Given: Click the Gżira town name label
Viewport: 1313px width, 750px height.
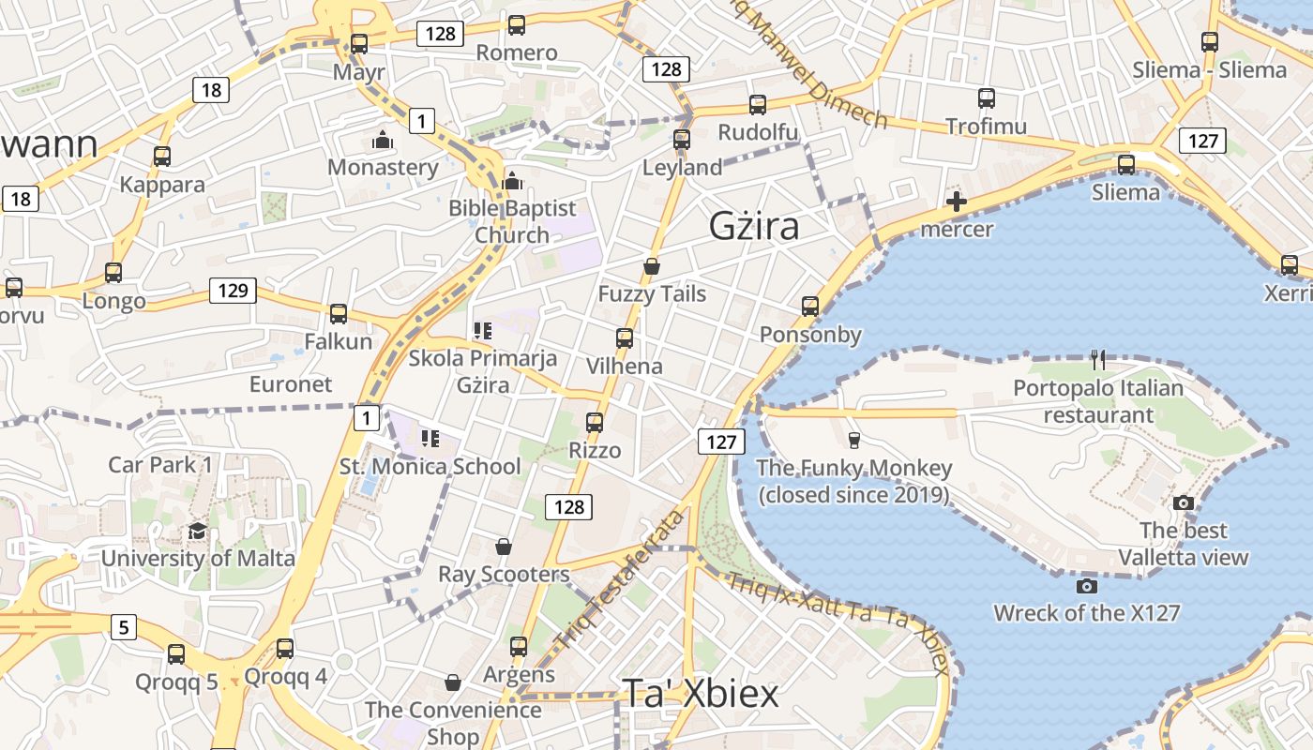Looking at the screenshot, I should (x=754, y=226).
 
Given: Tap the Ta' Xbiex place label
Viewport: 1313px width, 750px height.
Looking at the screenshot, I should (x=701, y=694).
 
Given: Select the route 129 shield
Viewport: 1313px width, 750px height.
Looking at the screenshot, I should (x=233, y=290).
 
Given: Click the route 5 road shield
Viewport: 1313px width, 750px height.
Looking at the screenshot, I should (x=124, y=626).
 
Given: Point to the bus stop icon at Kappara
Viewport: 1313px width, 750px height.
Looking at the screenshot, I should (x=162, y=157).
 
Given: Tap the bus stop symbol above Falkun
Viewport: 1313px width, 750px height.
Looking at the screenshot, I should (x=339, y=314).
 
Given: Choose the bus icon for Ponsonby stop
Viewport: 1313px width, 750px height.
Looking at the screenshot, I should (x=810, y=307).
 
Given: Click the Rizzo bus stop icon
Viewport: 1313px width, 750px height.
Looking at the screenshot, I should (x=595, y=423).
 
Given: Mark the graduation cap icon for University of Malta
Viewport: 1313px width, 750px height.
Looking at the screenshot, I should (x=197, y=532).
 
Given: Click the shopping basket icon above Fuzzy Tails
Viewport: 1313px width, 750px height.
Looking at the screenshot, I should (x=652, y=267).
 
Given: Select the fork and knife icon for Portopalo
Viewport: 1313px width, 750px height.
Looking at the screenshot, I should (x=1098, y=359).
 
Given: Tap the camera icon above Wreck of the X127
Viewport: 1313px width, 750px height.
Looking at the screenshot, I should (x=1087, y=586).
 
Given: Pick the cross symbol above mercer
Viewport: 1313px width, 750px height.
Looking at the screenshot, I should (x=957, y=202).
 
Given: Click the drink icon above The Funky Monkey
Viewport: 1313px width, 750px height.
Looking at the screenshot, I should (x=853, y=440).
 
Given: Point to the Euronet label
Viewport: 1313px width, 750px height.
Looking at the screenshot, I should (x=291, y=384).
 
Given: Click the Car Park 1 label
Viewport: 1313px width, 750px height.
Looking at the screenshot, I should (x=160, y=464).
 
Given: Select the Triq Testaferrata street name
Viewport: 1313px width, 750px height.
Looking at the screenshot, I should (x=621, y=580).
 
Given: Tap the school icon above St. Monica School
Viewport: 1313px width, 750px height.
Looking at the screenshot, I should (x=430, y=438).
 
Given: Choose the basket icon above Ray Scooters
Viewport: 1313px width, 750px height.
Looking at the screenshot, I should (x=504, y=547).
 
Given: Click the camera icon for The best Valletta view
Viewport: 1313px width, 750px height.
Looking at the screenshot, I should (x=1184, y=502).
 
